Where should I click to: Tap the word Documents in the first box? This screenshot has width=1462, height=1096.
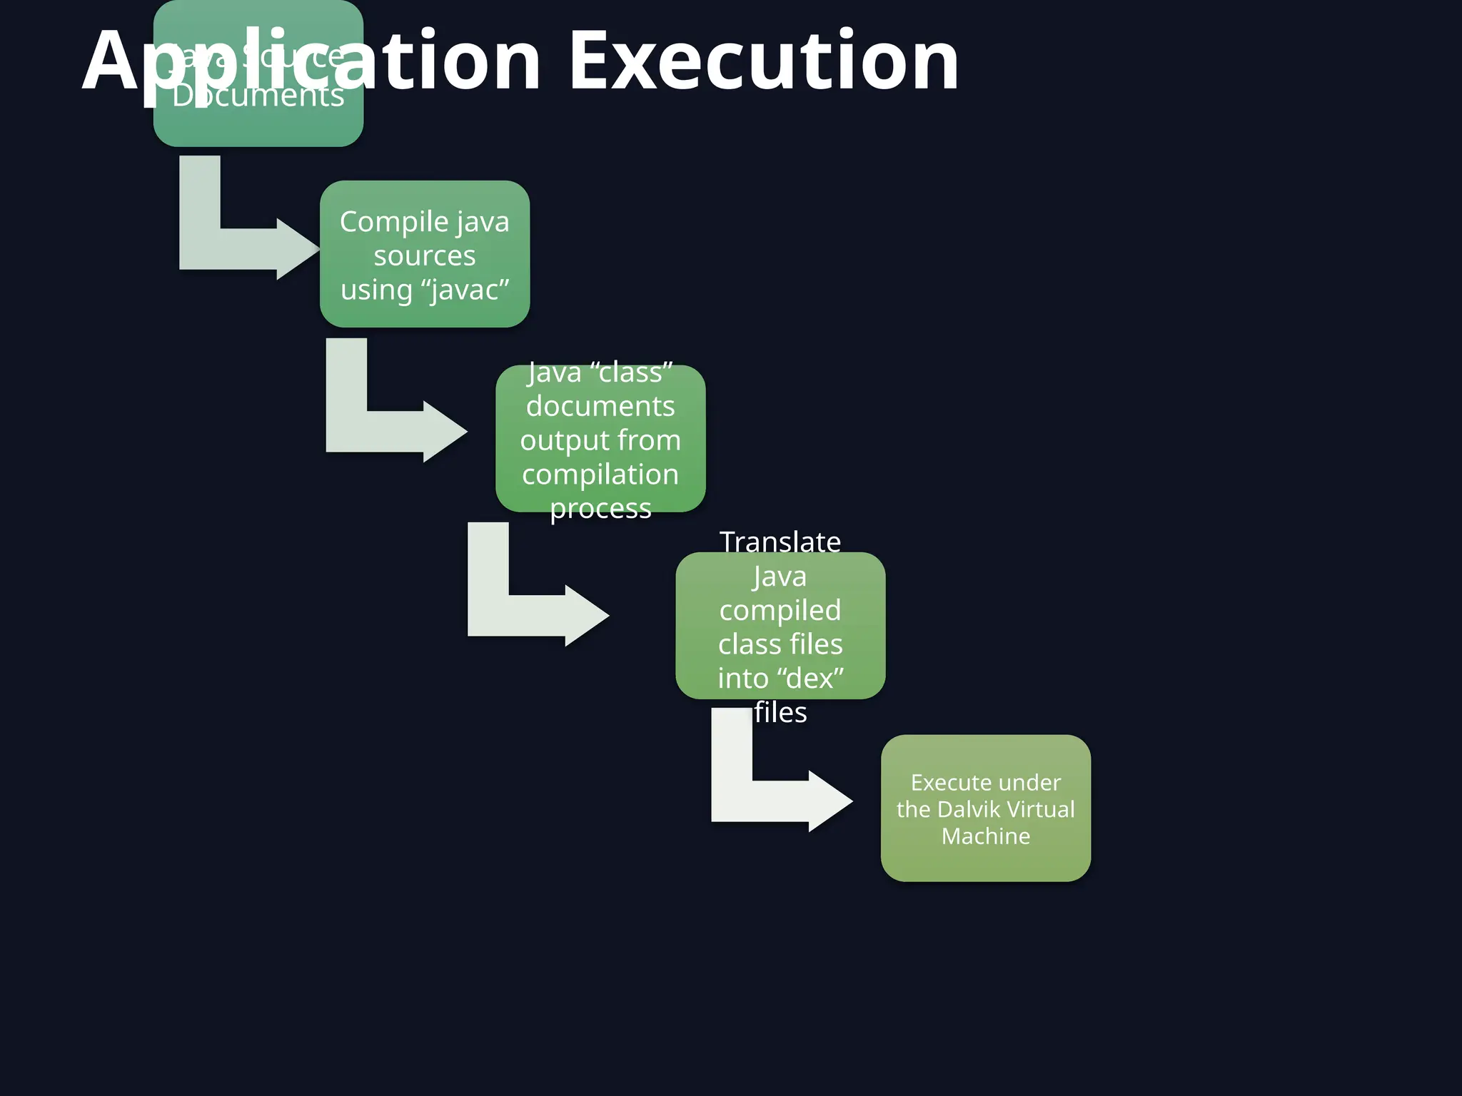coord(258,96)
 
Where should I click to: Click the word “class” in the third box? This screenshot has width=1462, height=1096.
coord(632,372)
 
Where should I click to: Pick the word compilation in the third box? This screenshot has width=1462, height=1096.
coord(600,475)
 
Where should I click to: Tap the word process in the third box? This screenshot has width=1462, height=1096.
coord(600,509)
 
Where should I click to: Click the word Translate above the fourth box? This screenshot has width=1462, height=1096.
coord(780,542)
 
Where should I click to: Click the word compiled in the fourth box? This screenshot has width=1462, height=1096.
coord(780,611)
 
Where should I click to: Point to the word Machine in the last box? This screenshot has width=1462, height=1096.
coord(985,836)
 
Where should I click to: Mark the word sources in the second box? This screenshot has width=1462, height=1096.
coord(425,256)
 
